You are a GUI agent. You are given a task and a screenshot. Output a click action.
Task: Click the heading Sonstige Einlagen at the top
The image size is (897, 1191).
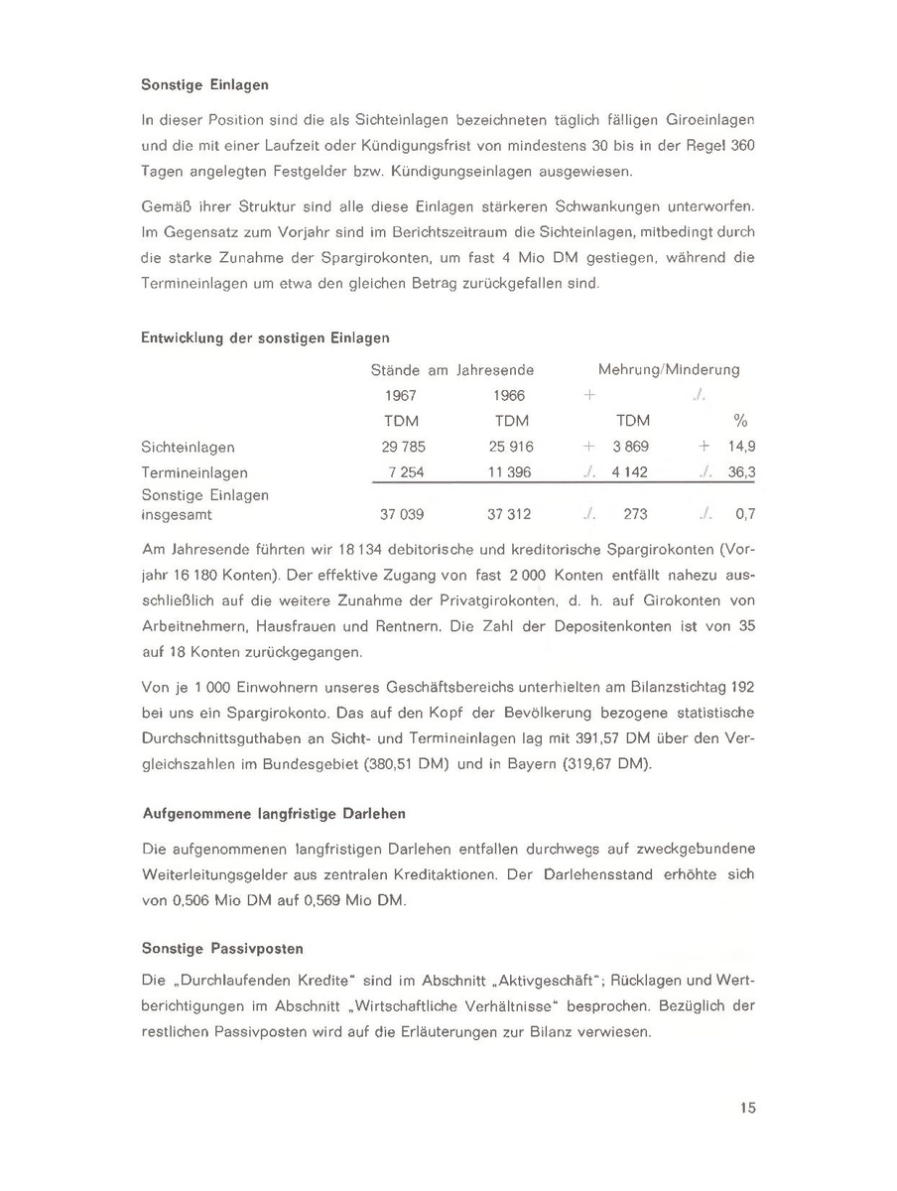pyautogui.click(x=205, y=85)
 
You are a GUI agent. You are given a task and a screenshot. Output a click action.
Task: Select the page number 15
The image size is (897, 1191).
pyautogui.click(x=748, y=1109)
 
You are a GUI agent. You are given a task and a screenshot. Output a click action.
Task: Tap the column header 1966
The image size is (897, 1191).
pyautogui.click(x=509, y=395)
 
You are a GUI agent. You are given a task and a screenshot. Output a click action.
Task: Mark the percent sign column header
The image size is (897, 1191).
pyautogui.click(x=739, y=421)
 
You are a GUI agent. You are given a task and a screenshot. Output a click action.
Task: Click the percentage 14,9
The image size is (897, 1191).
pyautogui.click(x=742, y=448)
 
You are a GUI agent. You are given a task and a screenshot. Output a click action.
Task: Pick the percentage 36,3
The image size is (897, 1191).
pyautogui.click(x=742, y=472)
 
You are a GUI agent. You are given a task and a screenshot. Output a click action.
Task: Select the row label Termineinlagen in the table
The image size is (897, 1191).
pyautogui.click(x=195, y=472)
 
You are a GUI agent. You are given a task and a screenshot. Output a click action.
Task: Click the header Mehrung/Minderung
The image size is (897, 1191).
pyautogui.click(x=669, y=369)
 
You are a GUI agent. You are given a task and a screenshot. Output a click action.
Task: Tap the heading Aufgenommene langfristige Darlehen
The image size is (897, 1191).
pyautogui.click(x=274, y=813)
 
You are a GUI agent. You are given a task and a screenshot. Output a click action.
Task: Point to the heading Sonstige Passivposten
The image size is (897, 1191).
pyautogui.click(x=222, y=948)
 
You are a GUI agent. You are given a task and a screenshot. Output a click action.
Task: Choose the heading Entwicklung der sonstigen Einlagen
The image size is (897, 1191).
pyautogui.click(x=266, y=338)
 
